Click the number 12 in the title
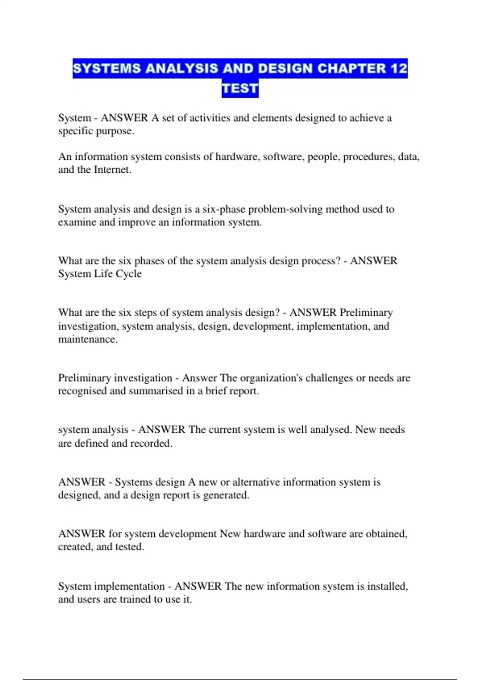click(x=398, y=68)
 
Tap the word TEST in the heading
click(x=240, y=88)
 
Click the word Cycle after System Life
click(x=128, y=274)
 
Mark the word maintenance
click(x=87, y=339)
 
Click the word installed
click(x=387, y=586)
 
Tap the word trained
click(x=136, y=599)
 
